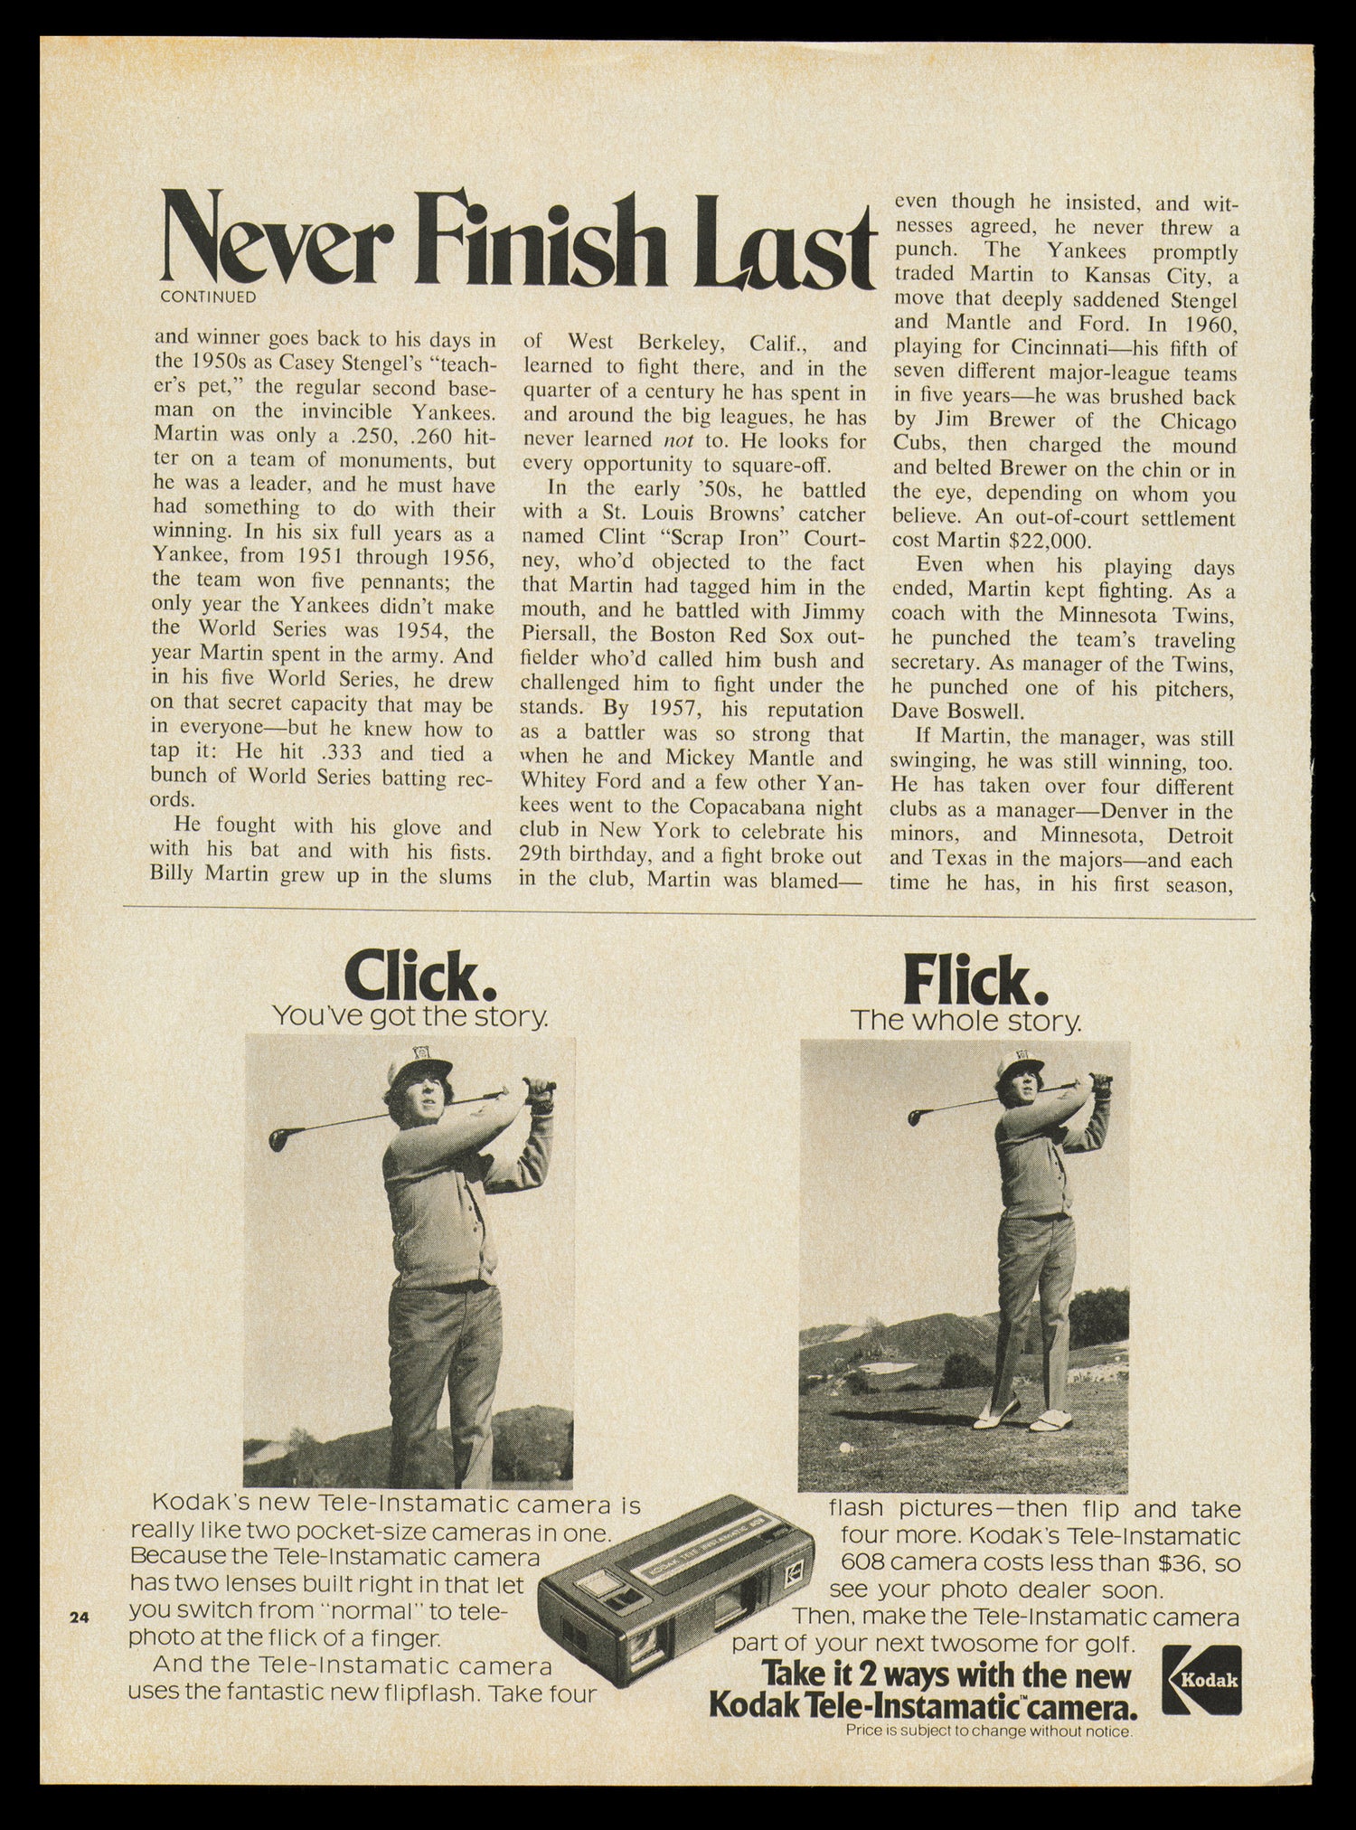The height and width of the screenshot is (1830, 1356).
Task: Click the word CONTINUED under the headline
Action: pos(207,297)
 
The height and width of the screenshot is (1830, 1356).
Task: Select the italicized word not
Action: pos(678,440)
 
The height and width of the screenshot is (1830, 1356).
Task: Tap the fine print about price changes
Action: pos(988,1731)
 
